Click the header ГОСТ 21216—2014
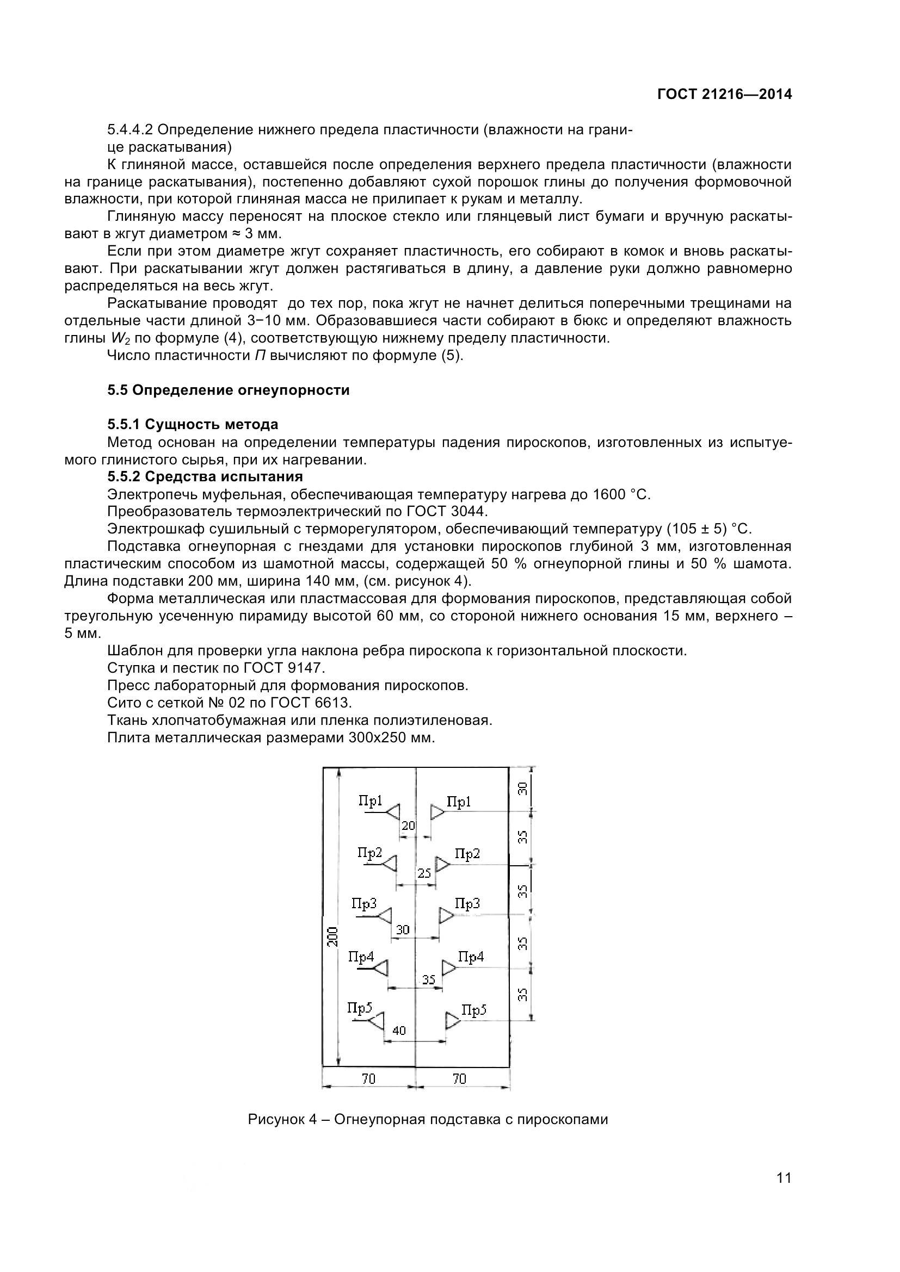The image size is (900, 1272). pos(724,94)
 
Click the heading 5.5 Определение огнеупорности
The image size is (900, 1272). pos(229,390)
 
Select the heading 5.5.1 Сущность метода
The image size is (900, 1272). pos(193,424)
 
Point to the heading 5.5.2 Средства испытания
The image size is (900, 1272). pos(205,476)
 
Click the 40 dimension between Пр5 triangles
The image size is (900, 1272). pos(399,1031)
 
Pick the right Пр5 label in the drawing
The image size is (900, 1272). pos(474,1010)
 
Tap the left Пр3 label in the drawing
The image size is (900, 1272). pos(364,904)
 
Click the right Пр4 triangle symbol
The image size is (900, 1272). pos(448,969)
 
